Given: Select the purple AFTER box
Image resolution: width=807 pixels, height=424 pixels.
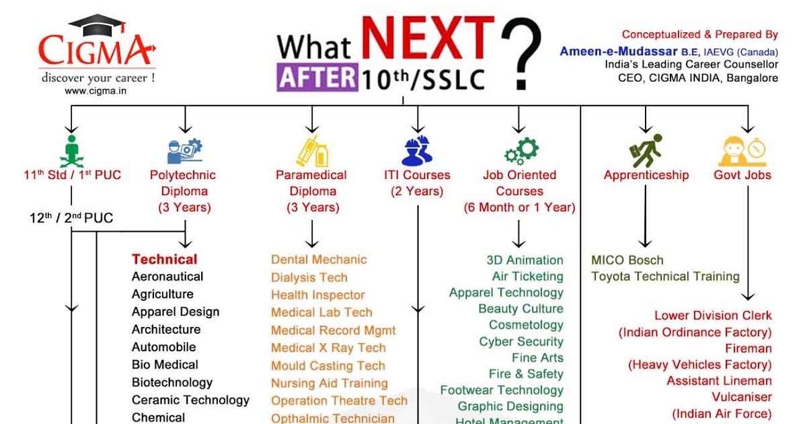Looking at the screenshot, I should point(317,77).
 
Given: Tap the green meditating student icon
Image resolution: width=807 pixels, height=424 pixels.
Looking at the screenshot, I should point(72,151).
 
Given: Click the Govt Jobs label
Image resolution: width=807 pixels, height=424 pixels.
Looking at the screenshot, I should point(742,175).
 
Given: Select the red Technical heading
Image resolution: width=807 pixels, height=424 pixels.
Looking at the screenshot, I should point(165,259).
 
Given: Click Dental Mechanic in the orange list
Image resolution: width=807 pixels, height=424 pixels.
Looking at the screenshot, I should point(319,260).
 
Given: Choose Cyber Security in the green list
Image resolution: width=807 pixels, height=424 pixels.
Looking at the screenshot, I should point(521,341).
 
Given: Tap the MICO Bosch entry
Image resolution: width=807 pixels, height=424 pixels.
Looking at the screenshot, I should point(627,260).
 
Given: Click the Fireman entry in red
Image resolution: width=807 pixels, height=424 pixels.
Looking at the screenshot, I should point(748,348).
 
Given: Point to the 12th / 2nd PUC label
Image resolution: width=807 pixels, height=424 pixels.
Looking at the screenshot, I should point(71,218).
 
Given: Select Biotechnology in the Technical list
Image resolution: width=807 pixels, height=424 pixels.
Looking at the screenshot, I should point(172,382).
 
